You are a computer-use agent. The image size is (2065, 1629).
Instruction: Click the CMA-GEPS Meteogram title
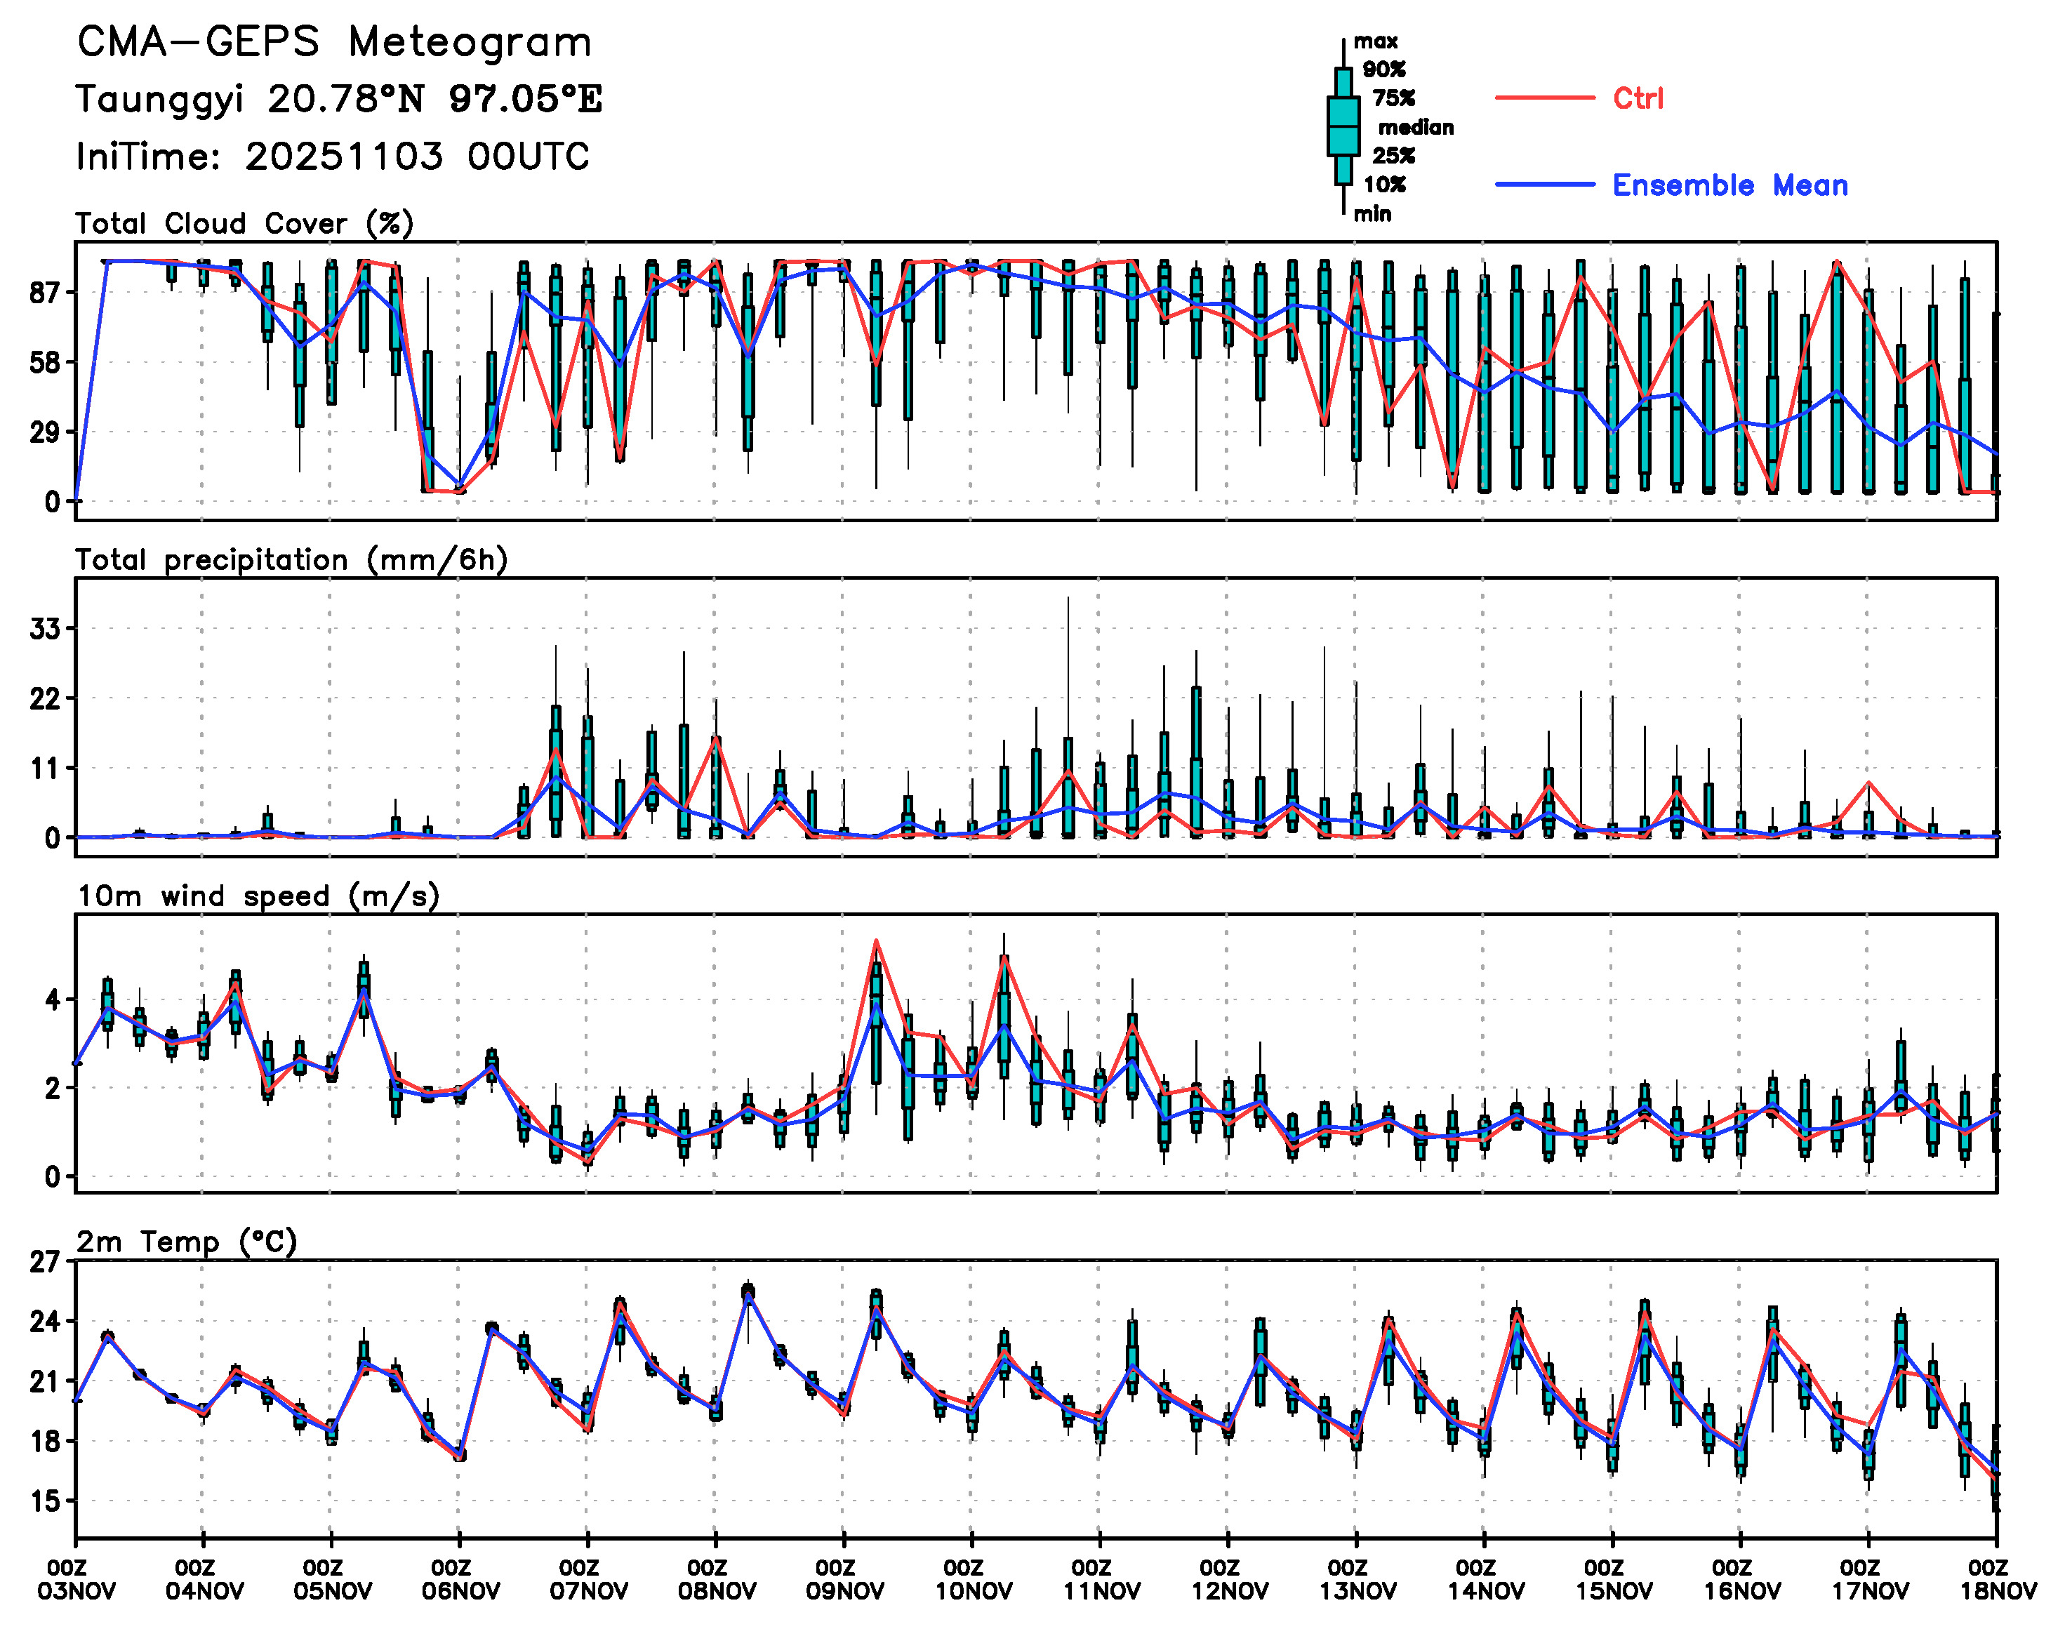(334, 43)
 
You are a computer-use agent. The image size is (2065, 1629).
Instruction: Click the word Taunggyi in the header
(159, 99)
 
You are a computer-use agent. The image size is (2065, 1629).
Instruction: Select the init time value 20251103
(343, 157)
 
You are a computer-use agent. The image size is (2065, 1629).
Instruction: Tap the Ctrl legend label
(1637, 98)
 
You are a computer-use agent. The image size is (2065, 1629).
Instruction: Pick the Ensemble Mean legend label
(1729, 185)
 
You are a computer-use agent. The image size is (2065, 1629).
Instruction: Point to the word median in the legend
(1416, 128)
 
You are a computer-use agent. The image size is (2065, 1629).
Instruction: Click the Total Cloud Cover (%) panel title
(244, 224)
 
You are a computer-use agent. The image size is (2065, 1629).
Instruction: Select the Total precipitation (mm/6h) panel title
(291, 560)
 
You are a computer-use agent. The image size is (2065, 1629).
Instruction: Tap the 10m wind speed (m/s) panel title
(258, 896)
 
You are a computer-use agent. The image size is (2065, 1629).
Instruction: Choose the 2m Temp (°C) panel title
(187, 1242)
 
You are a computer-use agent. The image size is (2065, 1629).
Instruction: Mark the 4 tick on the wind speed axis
(53, 1000)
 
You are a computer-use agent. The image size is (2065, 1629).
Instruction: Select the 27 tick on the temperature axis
(45, 1263)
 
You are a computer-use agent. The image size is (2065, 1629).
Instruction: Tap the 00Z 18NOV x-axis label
(1998, 1579)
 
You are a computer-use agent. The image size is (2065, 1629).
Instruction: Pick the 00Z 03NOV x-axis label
(77, 1579)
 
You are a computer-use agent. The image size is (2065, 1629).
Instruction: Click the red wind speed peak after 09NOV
(875, 941)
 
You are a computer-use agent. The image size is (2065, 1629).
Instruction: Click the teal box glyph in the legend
(1343, 126)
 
